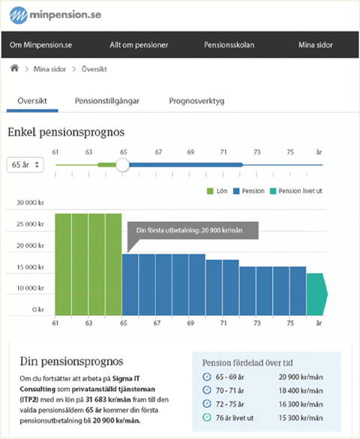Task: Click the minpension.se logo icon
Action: click(19, 15)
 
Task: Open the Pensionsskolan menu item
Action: click(229, 45)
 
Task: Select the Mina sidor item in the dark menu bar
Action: click(316, 45)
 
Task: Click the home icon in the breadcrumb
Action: click(14, 68)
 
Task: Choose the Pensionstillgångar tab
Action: click(107, 101)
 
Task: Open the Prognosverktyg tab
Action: click(196, 101)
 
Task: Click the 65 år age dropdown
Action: click(25, 164)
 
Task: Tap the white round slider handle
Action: click(122, 165)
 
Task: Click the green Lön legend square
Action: click(210, 191)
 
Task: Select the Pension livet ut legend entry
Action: click(296, 191)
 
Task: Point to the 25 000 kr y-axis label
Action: click(30, 224)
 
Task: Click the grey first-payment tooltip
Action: click(193, 230)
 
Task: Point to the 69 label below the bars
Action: click(190, 323)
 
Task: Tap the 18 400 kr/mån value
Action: click(301, 390)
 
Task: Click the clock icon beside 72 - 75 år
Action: click(207, 404)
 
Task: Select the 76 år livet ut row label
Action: click(235, 418)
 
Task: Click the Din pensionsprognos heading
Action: click(71, 362)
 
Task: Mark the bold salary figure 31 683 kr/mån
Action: click(108, 399)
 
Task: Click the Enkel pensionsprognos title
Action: click(66, 132)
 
